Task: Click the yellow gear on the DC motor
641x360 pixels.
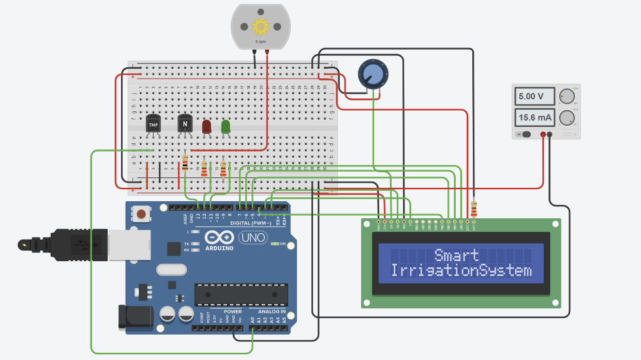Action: click(x=260, y=26)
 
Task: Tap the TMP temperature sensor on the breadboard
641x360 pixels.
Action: click(x=154, y=124)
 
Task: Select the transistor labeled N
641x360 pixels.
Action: click(x=185, y=124)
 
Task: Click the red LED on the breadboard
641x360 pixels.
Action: click(x=206, y=127)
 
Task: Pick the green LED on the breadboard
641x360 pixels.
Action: click(x=226, y=127)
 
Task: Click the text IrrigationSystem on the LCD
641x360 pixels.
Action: click(x=460, y=271)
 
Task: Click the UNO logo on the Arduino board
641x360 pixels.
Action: click(x=253, y=237)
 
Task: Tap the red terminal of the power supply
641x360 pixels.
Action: click(x=543, y=135)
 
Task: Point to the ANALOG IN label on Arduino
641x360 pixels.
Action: click(x=268, y=312)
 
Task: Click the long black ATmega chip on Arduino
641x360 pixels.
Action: click(x=241, y=294)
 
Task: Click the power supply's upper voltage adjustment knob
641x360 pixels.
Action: click(x=567, y=96)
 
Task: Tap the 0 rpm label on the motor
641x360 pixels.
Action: click(x=260, y=41)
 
